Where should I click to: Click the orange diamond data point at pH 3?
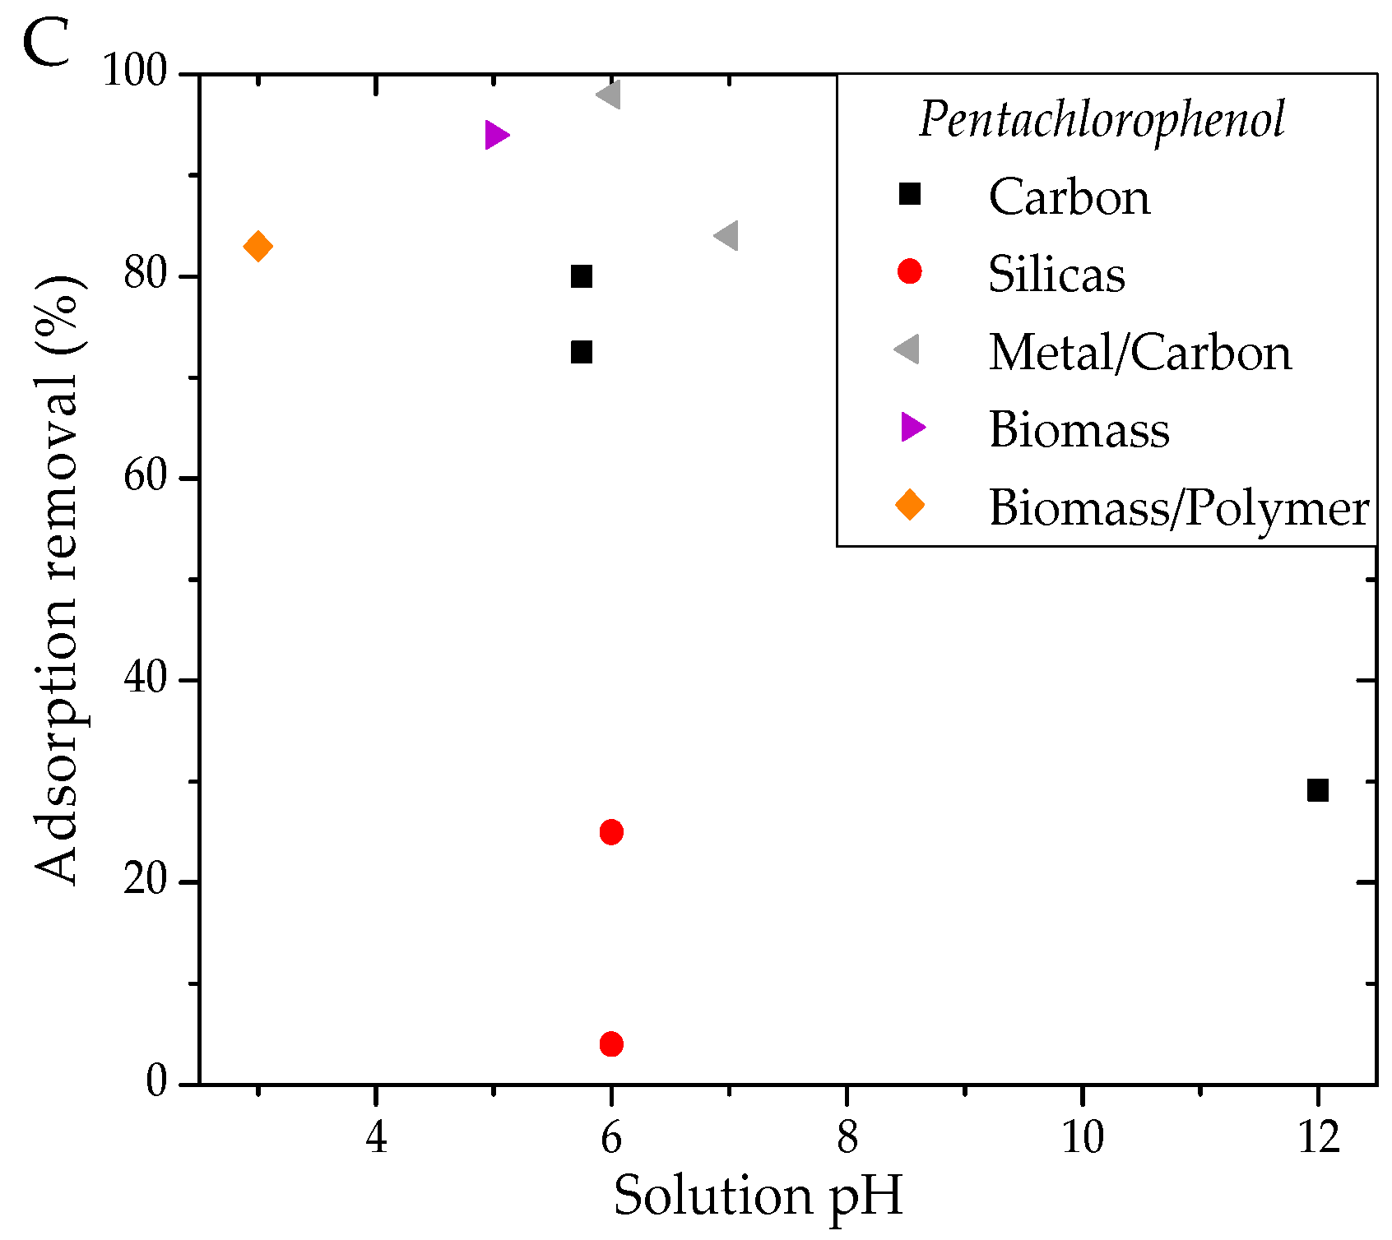258,246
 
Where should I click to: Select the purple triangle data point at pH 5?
496,135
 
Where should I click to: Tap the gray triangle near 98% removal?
610,95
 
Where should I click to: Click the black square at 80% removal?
582,276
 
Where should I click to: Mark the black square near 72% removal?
582,352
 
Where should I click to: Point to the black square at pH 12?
1318,790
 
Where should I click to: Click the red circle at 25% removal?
611,832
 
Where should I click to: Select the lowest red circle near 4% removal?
611,1044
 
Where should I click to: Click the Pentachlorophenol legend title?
1102,120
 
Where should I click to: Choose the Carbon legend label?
1069,197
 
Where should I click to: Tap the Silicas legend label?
1056,274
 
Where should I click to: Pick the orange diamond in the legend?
910,504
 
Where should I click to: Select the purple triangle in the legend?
912,427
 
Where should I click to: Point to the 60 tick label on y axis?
146,478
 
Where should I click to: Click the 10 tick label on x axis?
1082,1139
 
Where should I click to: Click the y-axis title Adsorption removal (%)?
58,580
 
